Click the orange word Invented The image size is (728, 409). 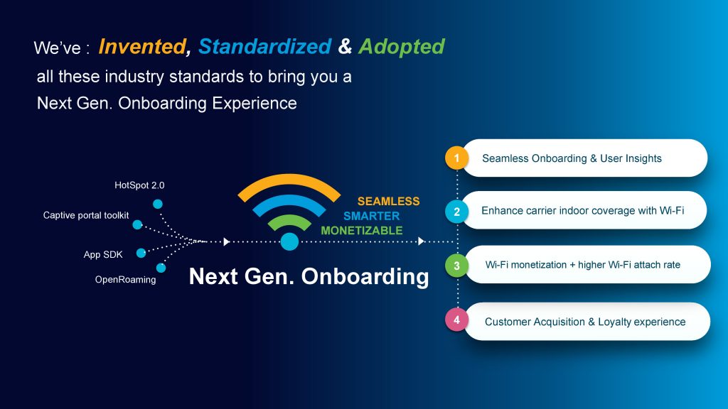coord(142,46)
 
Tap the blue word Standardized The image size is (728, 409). coord(265,46)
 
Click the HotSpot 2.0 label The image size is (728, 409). coord(139,185)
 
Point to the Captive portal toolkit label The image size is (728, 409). coord(86,215)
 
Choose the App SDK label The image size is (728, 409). coord(103,254)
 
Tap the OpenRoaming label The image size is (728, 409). coord(125,280)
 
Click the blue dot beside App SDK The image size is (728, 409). coord(141,253)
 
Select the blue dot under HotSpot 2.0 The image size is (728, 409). coord(158,204)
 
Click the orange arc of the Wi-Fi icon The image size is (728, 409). coord(289,180)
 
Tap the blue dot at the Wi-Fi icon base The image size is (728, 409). coord(289,241)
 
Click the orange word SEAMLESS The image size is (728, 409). coord(389,201)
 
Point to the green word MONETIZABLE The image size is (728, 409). coord(362,231)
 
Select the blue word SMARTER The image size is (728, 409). coord(371,216)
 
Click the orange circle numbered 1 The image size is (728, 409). coord(456,158)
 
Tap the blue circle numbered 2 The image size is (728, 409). coord(457,212)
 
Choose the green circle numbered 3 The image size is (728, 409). coord(457,266)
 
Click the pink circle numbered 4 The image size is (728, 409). coord(457,320)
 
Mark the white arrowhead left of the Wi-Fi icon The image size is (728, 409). coord(227,241)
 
